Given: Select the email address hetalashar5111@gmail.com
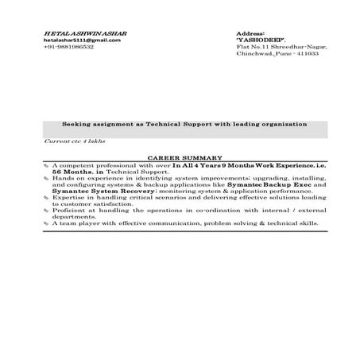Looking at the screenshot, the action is [x=76, y=40].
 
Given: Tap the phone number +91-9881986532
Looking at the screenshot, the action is [x=68, y=47].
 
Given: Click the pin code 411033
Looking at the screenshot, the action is [x=307, y=54].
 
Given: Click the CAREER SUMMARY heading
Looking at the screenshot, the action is [x=185, y=158].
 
